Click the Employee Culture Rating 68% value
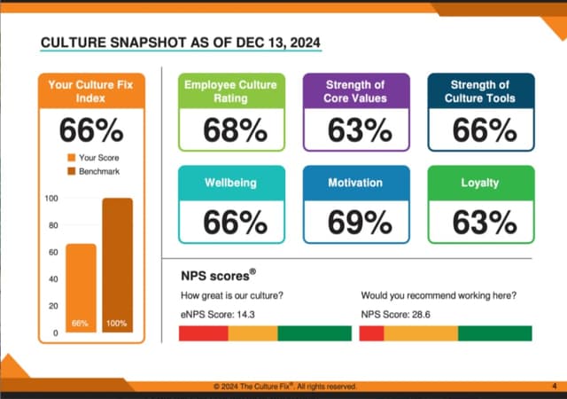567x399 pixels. coord(235,130)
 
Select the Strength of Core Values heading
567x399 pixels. coord(360,90)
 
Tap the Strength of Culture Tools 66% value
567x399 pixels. coord(484,130)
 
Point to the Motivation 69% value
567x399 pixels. coord(360,222)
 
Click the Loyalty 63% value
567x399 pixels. coord(484,222)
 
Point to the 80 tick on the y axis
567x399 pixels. coord(52,225)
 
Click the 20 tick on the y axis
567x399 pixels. coord(52,306)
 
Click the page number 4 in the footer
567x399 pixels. coord(554,387)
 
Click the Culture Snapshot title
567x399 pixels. coord(181,42)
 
